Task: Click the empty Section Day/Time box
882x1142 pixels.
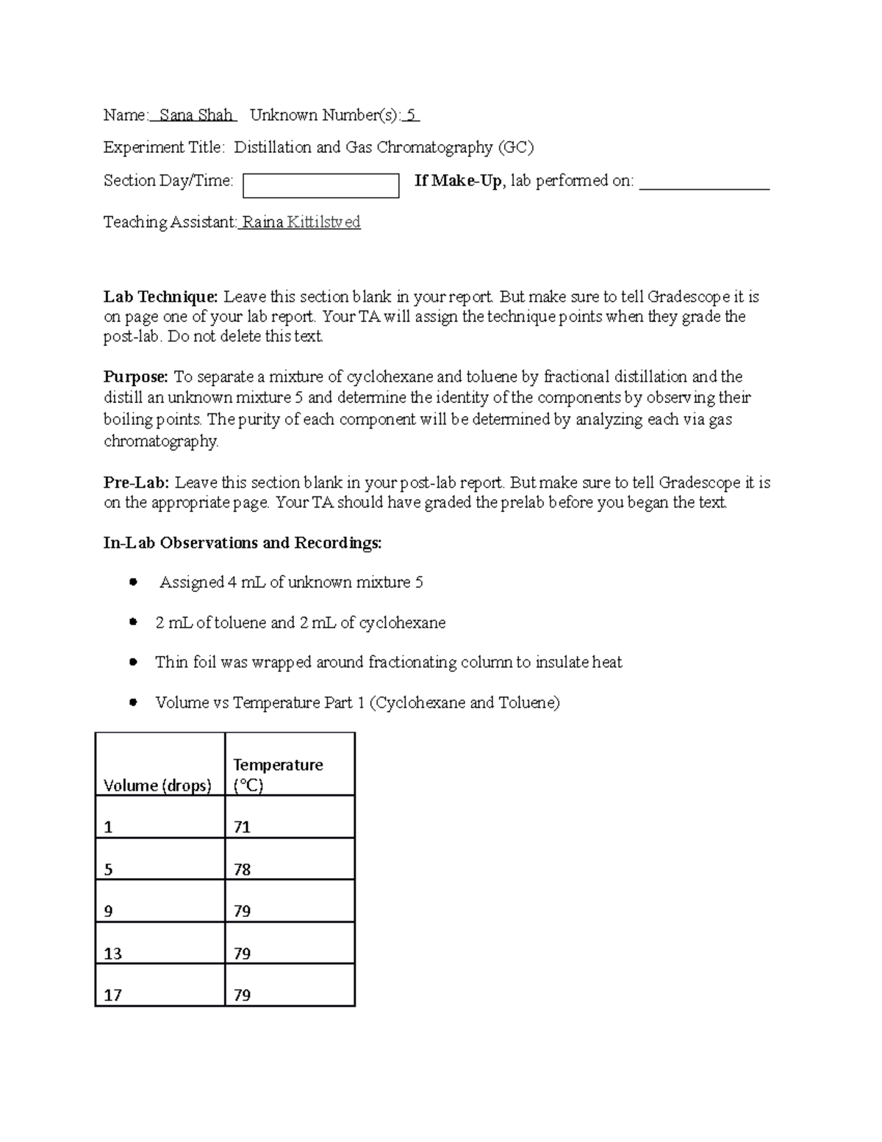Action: pos(320,186)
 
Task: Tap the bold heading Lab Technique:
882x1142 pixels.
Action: pos(160,297)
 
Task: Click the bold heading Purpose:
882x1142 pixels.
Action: pos(136,377)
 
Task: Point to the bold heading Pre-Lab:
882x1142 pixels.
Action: pos(136,483)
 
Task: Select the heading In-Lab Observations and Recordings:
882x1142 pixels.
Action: pos(243,543)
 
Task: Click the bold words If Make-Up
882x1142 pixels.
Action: pos(458,181)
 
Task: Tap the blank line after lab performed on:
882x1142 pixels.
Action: pos(704,184)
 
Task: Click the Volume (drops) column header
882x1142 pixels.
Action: pos(157,785)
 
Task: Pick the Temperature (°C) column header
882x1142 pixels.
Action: pos(278,775)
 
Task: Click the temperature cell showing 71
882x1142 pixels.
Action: pos(243,827)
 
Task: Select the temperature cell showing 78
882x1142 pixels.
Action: pos(243,870)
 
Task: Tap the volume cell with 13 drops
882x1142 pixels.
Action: pos(113,954)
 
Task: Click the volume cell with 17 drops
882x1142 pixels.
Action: pos(113,996)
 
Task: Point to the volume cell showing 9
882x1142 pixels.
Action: pos(109,912)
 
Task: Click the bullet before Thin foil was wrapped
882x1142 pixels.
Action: pos(133,662)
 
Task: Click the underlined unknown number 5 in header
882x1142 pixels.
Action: pos(412,115)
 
